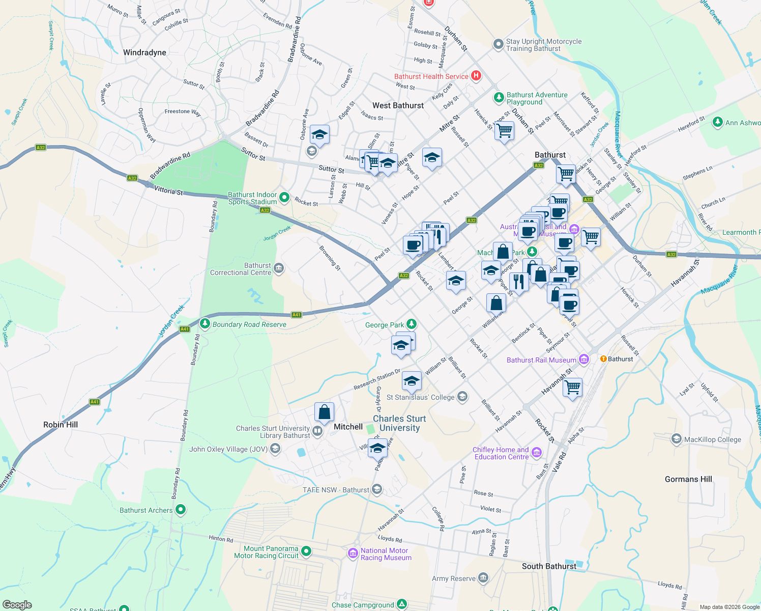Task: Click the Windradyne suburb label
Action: pyautogui.click(x=144, y=52)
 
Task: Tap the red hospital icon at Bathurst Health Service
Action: pyautogui.click(x=476, y=76)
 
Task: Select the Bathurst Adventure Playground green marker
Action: pyautogui.click(x=499, y=97)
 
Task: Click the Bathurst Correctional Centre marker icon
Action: pyautogui.click(x=279, y=268)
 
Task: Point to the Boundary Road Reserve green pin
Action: pyautogui.click(x=205, y=323)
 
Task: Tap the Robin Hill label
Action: pyautogui.click(x=61, y=425)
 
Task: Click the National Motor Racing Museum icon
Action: pyautogui.click(x=353, y=553)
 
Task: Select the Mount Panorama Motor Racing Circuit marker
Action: pyautogui.click(x=306, y=551)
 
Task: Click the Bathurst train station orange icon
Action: pyautogui.click(x=603, y=358)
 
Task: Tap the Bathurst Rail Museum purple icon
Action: pyautogui.click(x=584, y=359)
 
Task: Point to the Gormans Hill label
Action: pyautogui.click(x=688, y=479)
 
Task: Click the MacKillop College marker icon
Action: pyautogui.click(x=677, y=438)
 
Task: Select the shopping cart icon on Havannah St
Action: pyautogui.click(x=573, y=387)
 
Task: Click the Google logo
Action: pyautogui.click(x=17, y=605)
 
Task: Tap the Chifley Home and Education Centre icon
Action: pyautogui.click(x=537, y=452)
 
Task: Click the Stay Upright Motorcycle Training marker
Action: pyautogui.click(x=499, y=44)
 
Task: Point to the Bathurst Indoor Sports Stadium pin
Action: pyautogui.click(x=284, y=197)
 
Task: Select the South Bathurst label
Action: pyautogui.click(x=549, y=566)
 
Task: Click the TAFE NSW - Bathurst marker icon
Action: pyautogui.click(x=377, y=489)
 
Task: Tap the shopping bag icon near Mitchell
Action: pyautogui.click(x=324, y=412)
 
